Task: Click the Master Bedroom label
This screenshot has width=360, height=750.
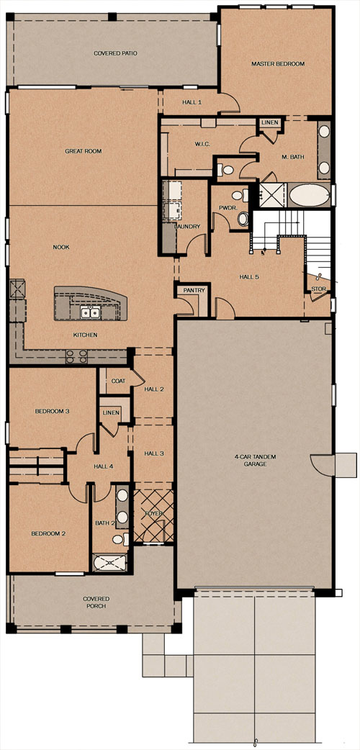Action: (278, 63)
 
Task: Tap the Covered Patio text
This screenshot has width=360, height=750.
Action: (115, 53)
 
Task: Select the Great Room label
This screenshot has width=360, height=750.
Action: (84, 151)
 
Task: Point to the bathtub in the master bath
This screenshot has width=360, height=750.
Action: (310, 195)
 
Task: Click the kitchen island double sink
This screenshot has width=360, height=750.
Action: (90, 313)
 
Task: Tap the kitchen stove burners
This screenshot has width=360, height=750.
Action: (76, 356)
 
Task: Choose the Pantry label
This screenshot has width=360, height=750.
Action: (191, 290)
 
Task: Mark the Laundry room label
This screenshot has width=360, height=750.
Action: (188, 226)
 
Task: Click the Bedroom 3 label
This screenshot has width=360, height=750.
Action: (52, 411)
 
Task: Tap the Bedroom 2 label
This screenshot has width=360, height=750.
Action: (48, 534)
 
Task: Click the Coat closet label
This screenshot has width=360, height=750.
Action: (118, 381)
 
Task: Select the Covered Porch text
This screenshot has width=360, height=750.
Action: (96, 602)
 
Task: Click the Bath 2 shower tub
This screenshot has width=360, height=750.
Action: (109, 563)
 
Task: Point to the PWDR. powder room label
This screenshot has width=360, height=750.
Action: (225, 208)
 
